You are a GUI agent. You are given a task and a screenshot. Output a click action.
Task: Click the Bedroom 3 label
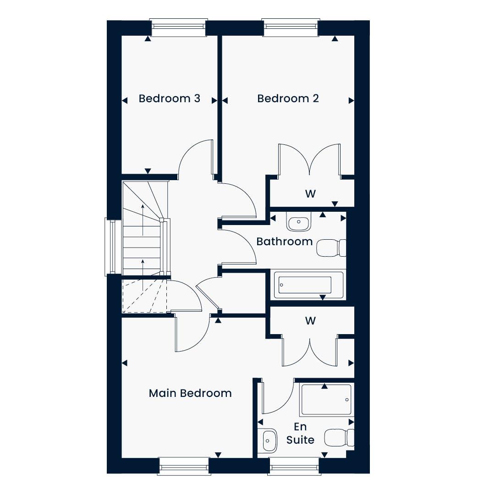[170, 99]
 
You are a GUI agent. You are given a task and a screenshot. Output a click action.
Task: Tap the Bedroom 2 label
[288, 99]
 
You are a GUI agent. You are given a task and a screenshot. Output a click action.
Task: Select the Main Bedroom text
[190, 393]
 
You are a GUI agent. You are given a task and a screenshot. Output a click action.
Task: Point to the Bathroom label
[285, 242]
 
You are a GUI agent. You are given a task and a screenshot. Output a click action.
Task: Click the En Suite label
[300, 433]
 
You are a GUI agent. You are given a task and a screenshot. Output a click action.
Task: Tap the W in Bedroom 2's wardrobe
[310, 193]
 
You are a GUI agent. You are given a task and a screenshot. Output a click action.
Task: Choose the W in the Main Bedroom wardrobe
[310, 321]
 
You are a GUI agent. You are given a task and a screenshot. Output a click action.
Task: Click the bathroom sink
[299, 221]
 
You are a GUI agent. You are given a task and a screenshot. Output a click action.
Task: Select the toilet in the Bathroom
[331, 248]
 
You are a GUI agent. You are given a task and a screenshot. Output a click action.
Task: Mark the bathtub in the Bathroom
[308, 285]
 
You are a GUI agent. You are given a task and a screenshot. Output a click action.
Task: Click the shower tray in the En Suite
[326, 400]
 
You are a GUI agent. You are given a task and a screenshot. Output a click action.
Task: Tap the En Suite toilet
[339, 438]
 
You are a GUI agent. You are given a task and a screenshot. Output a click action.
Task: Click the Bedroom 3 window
[179, 28]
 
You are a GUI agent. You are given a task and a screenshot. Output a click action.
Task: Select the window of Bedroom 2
[291, 28]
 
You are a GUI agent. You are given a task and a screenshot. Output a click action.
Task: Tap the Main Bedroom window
[184, 466]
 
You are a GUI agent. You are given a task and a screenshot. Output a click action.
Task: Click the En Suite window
[294, 466]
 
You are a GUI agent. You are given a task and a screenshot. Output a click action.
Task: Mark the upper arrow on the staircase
[143, 220]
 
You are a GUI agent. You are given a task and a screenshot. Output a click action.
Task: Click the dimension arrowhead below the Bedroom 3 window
[148, 39]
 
